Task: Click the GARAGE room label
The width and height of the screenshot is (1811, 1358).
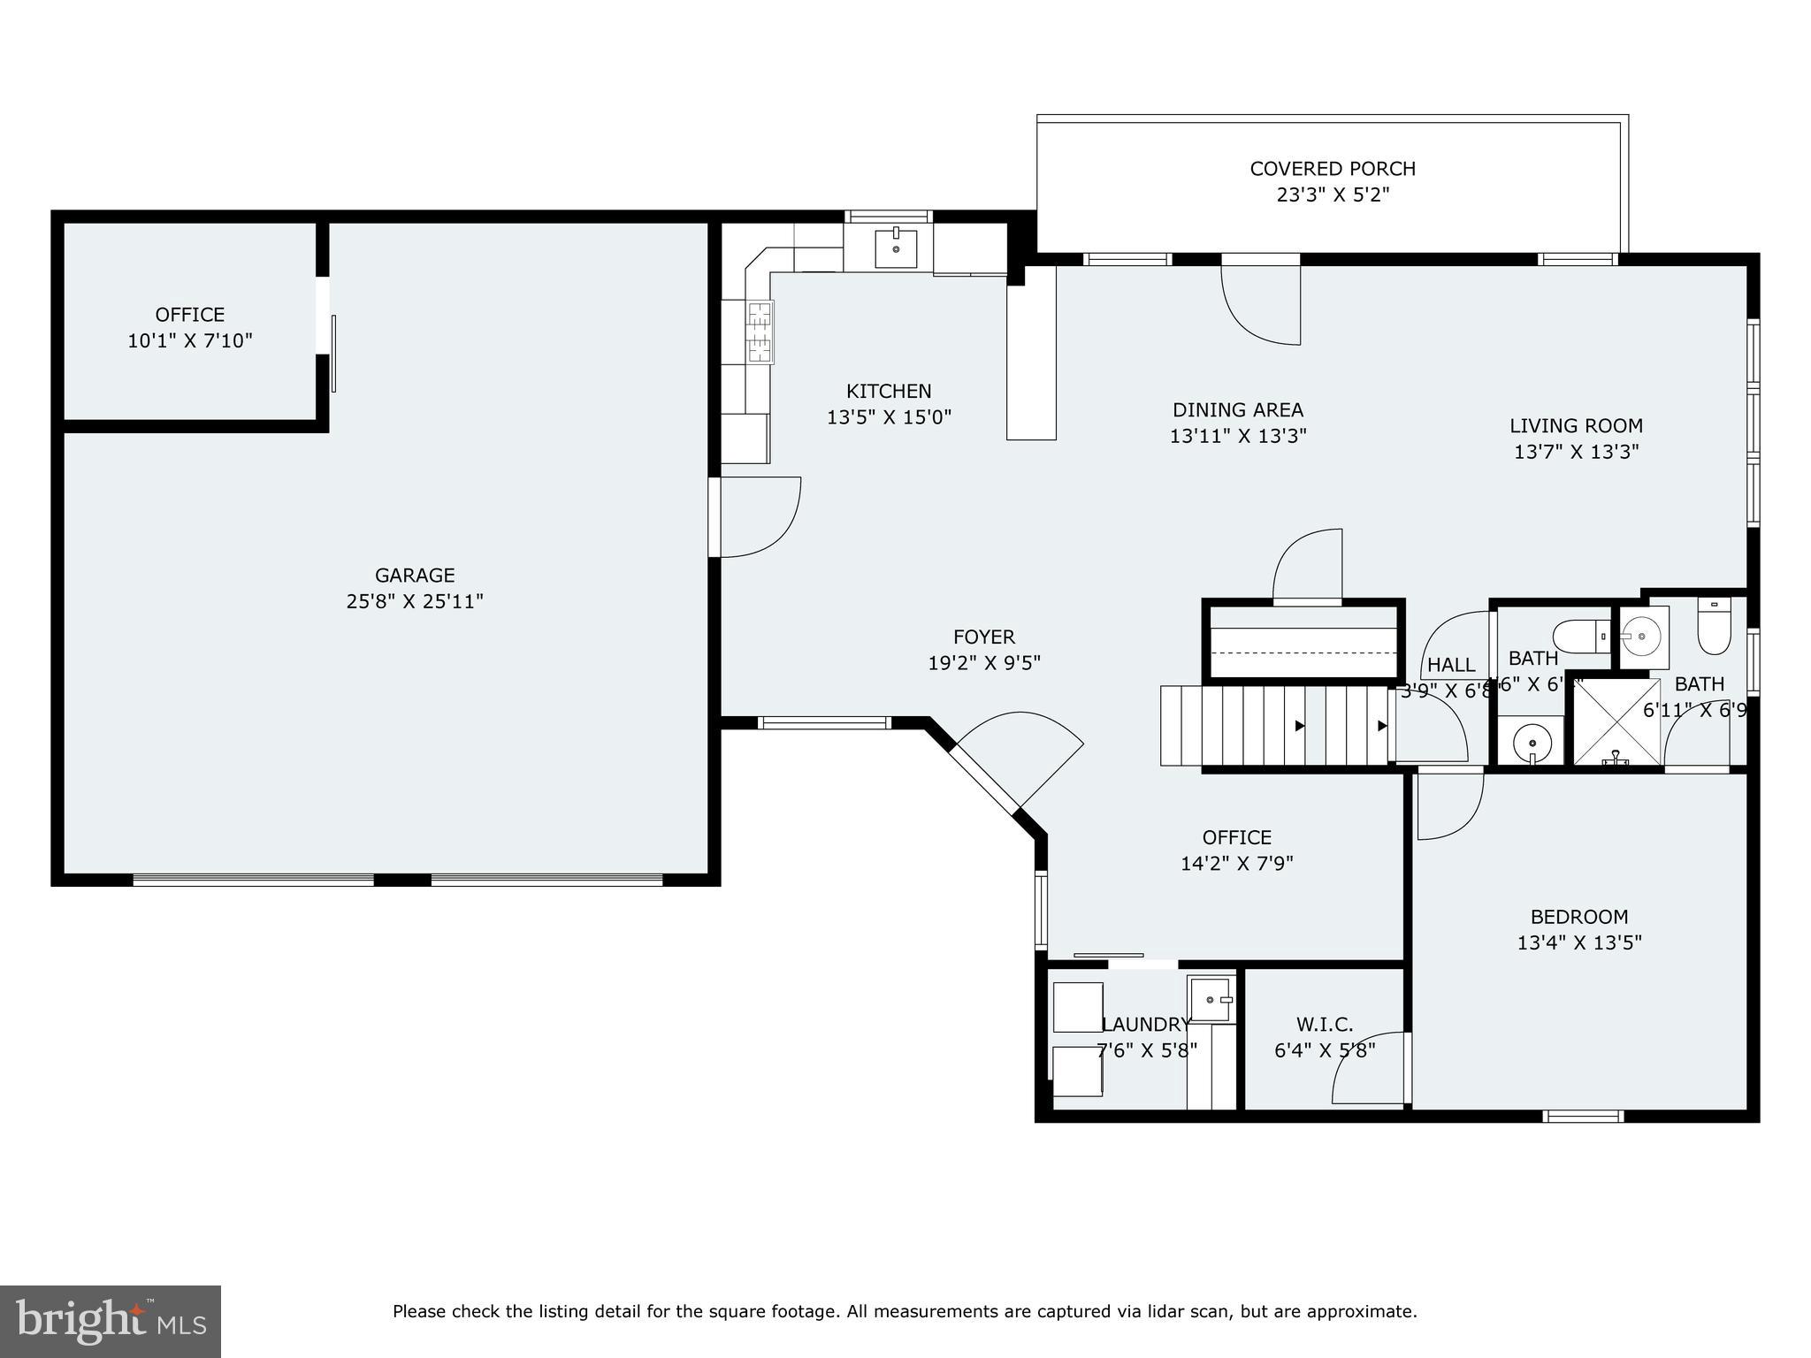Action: (x=414, y=576)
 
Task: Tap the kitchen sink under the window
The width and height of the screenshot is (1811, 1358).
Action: (x=896, y=247)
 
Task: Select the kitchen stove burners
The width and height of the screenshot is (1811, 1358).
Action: (x=760, y=332)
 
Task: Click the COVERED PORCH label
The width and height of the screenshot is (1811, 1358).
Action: (x=1332, y=169)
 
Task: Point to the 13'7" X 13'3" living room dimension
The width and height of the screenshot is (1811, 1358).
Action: (x=1576, y=452)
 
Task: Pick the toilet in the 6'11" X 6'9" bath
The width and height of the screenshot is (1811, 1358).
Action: (x=1713, y=629)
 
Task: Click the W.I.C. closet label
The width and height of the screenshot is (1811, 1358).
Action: (x=1324, y=1025)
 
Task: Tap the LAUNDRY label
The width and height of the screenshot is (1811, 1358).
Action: (x=1146, y=1025)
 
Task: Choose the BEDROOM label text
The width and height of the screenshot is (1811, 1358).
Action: (x=1578, y=917)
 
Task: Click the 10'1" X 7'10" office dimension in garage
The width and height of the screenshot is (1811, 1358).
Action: (x=190, y=341)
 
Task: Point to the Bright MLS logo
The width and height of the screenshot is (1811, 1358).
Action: (x=110, y=1321)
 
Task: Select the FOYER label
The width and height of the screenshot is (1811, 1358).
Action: (x=983, y=637)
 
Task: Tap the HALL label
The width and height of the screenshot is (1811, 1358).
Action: (x=1450, y=665)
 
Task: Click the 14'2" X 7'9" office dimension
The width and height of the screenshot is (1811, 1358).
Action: (x=1236, y=864)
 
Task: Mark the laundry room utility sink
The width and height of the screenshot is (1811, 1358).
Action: (x=1210, y=999)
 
